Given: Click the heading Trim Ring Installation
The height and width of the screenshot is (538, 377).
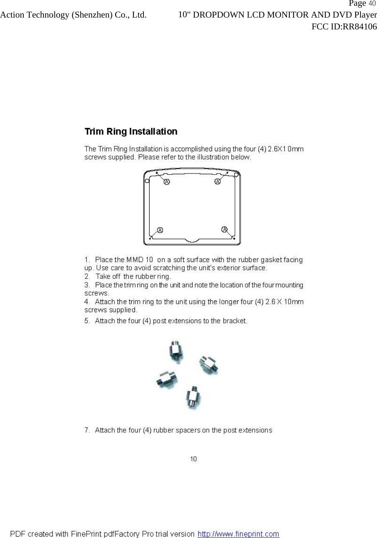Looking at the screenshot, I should [x=131, y=132].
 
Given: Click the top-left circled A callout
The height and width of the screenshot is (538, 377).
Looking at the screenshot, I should [x=166, y=182].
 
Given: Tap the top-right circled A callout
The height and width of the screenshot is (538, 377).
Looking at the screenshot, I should [x=217, y=181].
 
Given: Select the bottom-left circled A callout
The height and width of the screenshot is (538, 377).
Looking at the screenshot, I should [x=160, y=230].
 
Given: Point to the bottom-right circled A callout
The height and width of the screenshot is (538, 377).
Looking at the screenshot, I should [x=224, y=229].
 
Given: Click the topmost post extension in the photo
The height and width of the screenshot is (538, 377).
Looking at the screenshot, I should [x=176, y=351].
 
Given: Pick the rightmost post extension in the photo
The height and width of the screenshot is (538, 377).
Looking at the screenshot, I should [x=209, y=365].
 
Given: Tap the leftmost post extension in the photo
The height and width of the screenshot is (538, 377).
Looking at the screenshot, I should [x=167, y=379].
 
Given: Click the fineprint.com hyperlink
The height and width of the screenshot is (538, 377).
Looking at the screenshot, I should [x=238, y=534].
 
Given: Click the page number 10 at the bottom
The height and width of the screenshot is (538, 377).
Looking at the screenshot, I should [x=193, y=459].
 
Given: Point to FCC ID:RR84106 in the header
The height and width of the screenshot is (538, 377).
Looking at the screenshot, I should [x=344, y=27].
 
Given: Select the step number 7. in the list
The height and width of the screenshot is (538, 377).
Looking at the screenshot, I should [x=87, y=430].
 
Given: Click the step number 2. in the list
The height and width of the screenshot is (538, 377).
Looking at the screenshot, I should [x=87, y=276].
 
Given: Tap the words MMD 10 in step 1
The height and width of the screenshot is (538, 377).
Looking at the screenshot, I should [x=140, y=260].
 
